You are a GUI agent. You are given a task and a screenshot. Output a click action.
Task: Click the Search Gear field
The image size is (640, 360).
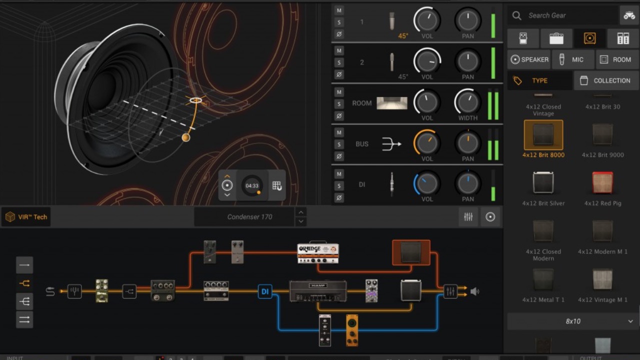[562, 15]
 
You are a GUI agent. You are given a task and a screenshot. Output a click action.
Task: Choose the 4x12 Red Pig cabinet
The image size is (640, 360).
[602, 183]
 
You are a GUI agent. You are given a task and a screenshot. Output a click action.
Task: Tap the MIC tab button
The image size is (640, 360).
[572, 59]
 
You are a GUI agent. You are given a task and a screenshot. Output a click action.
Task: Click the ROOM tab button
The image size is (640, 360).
[617, 59]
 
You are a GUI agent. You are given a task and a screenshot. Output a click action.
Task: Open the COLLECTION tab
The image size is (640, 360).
[606, 80]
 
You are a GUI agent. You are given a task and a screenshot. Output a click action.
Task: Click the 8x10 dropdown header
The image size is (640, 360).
[573, 321]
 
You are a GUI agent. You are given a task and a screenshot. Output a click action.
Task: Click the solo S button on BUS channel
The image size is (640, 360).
[339, 144]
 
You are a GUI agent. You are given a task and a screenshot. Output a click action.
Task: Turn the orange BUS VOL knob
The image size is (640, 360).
[426, 143]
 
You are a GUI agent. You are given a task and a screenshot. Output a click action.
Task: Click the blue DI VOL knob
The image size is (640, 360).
[426, 184]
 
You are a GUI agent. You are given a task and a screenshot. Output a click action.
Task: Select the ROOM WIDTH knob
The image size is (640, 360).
[467, 102]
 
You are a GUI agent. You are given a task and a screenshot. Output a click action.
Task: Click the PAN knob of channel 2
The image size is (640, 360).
[467, 61]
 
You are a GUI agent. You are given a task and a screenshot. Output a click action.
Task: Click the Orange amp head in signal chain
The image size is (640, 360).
[318, 253]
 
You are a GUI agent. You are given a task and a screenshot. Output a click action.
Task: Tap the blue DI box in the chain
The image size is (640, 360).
[265, 291]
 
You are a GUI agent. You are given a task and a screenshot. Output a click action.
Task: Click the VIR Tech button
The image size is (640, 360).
[26, 217]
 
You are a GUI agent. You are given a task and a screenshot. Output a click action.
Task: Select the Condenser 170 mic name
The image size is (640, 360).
[249, 217]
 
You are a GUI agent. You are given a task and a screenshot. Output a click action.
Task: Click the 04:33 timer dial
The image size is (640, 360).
[252, 185]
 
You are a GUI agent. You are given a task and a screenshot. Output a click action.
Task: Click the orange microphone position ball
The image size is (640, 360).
[185, 137]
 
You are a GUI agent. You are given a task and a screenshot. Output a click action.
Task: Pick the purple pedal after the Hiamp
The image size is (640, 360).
[371, 291]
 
